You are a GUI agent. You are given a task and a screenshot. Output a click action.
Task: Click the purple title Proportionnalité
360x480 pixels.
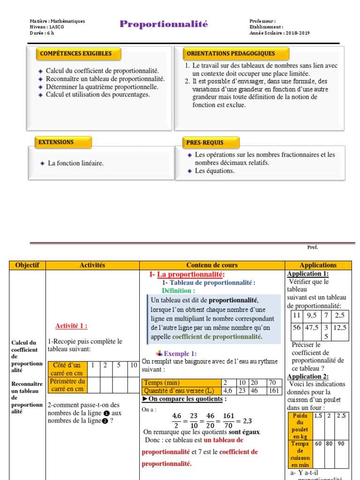163,24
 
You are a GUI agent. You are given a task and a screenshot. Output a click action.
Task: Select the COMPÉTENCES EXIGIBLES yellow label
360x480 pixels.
79,53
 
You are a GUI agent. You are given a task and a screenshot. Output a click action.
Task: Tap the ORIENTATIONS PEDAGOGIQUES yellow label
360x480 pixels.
231,53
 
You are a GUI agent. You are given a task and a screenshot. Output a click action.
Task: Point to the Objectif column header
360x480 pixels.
27,265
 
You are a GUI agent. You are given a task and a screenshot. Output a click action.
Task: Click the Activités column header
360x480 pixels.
92,265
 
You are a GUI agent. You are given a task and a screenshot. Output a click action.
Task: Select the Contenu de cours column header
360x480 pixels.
212,265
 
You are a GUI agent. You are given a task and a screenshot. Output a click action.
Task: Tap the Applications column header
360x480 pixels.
318,265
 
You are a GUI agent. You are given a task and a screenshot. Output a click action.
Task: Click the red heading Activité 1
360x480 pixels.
71,326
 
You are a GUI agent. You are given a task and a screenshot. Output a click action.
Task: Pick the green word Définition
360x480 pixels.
178,291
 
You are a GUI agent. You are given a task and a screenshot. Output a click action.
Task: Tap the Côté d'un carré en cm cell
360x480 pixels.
67,369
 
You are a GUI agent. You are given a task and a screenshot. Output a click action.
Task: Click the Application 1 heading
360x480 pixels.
307,274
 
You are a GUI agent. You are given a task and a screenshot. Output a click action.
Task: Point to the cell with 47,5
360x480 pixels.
312,328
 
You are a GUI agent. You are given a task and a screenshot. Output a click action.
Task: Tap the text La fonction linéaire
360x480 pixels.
75,163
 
